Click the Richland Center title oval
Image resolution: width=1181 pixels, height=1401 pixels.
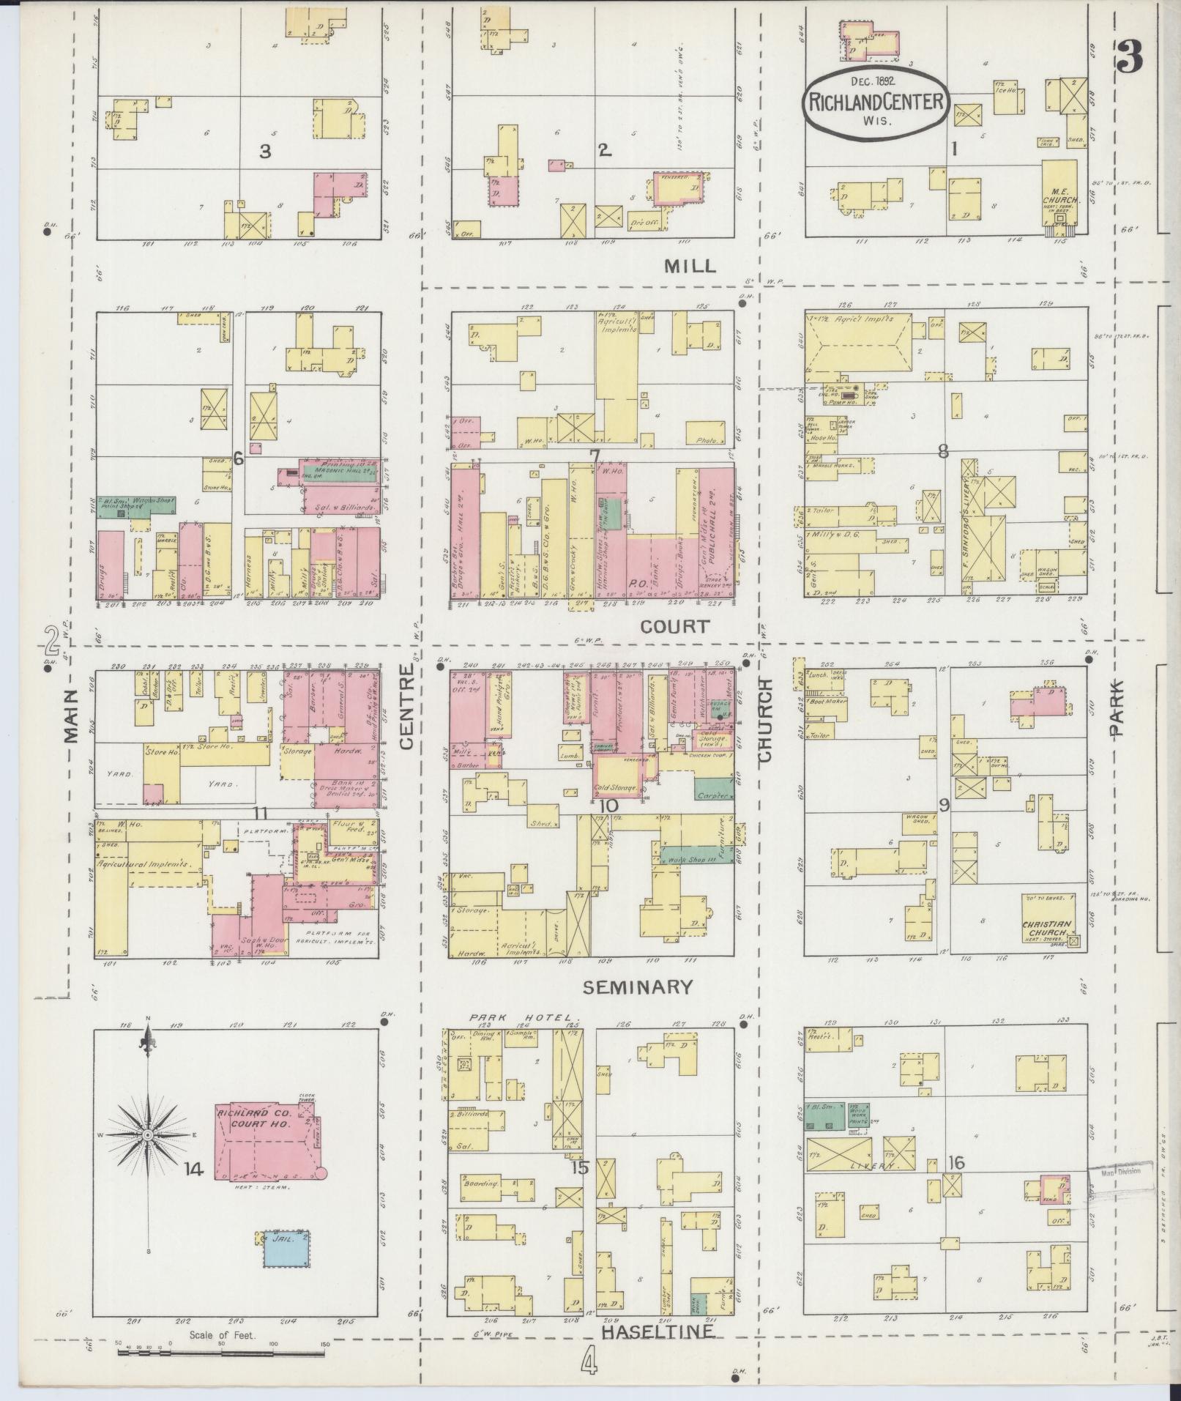point(876,103)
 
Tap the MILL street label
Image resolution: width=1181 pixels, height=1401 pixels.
point(689,266)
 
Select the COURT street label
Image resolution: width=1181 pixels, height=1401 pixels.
point(674,626)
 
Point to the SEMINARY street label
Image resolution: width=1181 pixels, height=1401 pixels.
point(637,987)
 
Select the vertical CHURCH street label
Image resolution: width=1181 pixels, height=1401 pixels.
point(765,721)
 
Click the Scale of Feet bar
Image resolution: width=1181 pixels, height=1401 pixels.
point(223,1348)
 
